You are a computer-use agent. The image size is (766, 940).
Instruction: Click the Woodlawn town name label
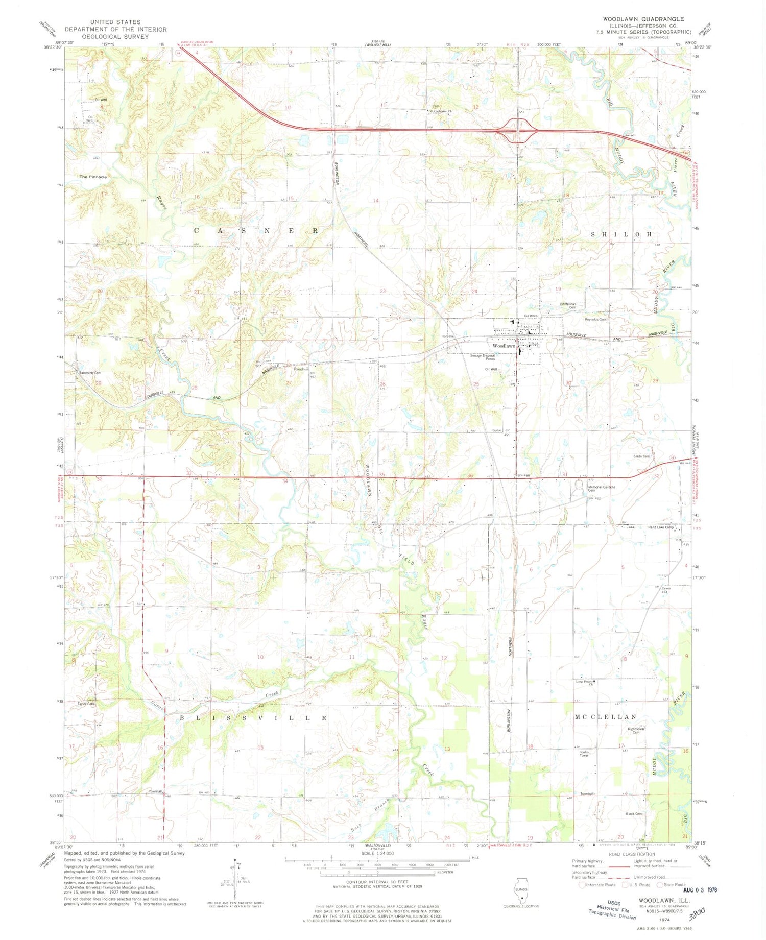[x=504, y=346]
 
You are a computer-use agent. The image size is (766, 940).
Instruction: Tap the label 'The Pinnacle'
[x=93, y=177]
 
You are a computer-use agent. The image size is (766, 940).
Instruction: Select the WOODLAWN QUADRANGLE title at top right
[x=643, y=19]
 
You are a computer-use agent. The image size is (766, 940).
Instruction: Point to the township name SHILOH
[x=621, y=234]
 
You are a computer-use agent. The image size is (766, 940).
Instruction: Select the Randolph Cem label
[x=89, y=373]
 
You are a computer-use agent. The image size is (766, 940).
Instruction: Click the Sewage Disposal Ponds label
[x=482, y=357]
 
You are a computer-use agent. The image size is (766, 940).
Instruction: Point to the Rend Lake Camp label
[x=662, y=527]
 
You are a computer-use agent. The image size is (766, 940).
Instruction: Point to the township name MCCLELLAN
[x=606, y=717]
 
